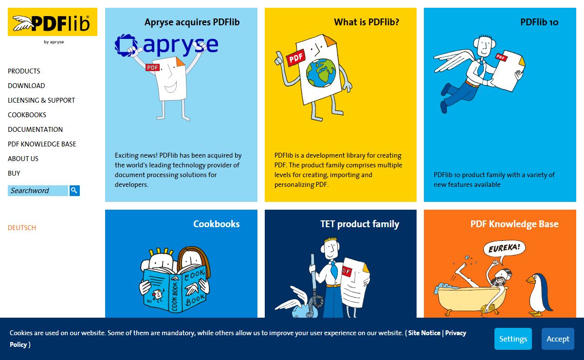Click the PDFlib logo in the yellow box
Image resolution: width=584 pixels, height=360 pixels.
point(53,22)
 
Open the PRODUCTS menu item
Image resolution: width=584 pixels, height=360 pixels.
point(24,71)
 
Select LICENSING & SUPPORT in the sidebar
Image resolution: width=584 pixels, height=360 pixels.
point(41,100)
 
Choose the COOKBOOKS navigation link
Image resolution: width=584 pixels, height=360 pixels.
point(27,115)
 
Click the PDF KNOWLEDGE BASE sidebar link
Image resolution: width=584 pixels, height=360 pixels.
point(42,144)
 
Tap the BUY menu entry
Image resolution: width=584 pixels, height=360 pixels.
point(14,173)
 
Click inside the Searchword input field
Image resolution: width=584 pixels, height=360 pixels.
point(38,191)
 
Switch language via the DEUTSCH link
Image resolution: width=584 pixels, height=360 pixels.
point(22,228)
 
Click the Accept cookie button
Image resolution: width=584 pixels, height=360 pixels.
point(558,339)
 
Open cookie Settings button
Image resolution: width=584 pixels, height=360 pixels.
point(513,339)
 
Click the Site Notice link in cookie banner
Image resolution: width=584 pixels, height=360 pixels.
point(424,333)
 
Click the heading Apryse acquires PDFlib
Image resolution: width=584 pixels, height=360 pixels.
point(192,22)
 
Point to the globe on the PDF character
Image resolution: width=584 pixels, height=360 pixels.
point(321,72)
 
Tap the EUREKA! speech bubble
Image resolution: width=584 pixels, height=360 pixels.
point(504,248)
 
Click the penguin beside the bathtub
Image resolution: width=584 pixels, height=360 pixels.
point(539,295)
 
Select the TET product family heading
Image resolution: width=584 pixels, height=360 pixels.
point(360,224)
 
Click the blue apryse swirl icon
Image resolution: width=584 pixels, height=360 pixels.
point(126,45)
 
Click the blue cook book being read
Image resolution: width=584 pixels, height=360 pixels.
point(174,289)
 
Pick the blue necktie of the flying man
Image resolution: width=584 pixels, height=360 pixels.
point(480,67)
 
